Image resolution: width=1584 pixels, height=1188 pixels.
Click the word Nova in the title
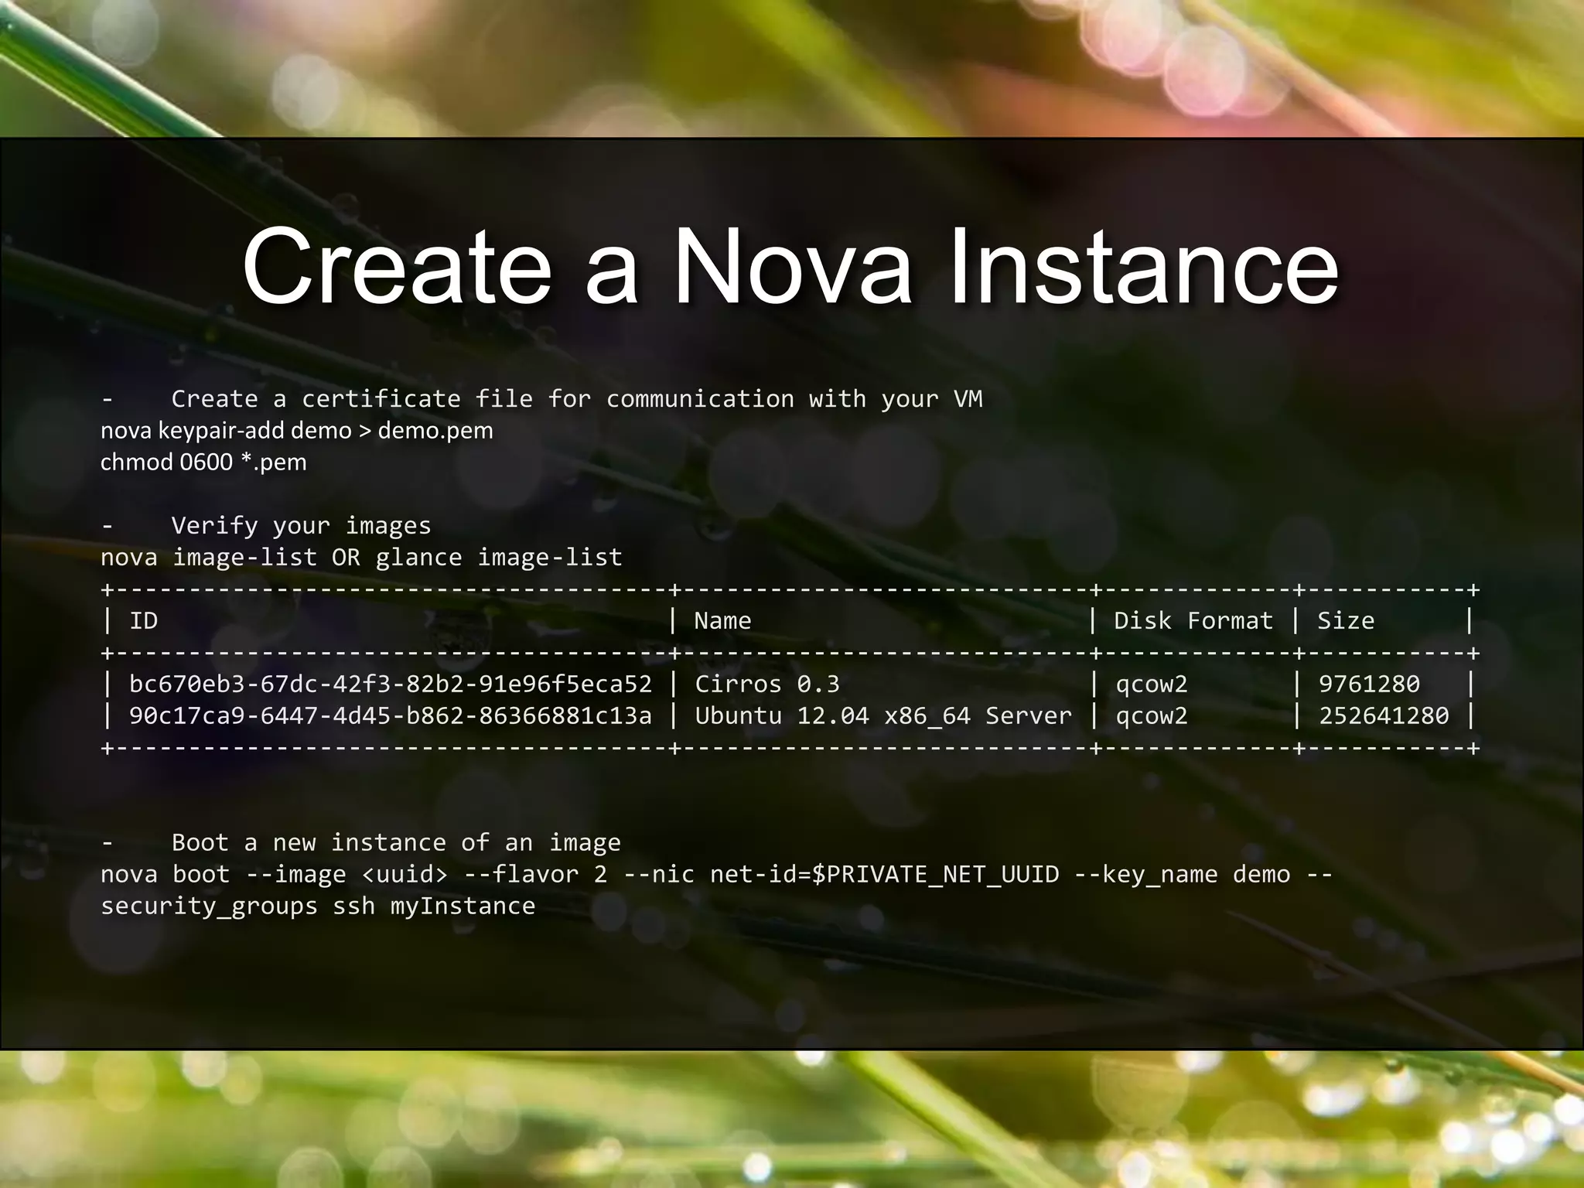793,267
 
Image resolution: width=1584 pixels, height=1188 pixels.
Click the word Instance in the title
1143,267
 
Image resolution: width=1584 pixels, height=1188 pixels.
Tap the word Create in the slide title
397,267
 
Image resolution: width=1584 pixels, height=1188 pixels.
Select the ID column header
143,620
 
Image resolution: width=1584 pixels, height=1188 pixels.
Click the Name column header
722,620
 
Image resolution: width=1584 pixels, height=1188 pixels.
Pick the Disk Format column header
1193,620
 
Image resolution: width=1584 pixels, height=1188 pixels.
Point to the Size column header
1346,620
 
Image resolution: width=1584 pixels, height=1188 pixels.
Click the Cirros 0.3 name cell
766,684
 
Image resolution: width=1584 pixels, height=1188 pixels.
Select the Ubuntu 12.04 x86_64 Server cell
883,715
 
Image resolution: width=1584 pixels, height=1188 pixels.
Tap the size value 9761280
1369,684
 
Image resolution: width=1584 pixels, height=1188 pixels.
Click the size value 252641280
1384,715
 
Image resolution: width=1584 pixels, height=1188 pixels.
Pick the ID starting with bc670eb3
391,684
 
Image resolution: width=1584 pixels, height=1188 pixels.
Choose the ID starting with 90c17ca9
391,715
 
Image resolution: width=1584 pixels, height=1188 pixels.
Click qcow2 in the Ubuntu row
1152,715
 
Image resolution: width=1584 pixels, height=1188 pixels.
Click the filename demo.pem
435,430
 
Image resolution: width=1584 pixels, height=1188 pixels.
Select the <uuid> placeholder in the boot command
405,874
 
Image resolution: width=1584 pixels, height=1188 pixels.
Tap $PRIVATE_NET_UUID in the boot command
935,874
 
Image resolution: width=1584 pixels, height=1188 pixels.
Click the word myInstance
463,906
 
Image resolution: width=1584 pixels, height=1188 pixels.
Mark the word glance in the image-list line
418,557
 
